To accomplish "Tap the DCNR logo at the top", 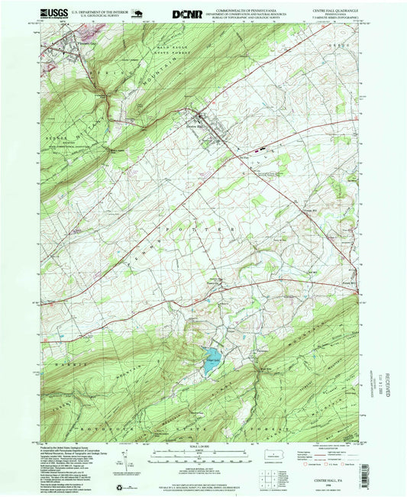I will click(186, 13).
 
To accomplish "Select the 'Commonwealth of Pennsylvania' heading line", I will click(264, 9).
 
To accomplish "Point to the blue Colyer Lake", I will click(208, 365).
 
